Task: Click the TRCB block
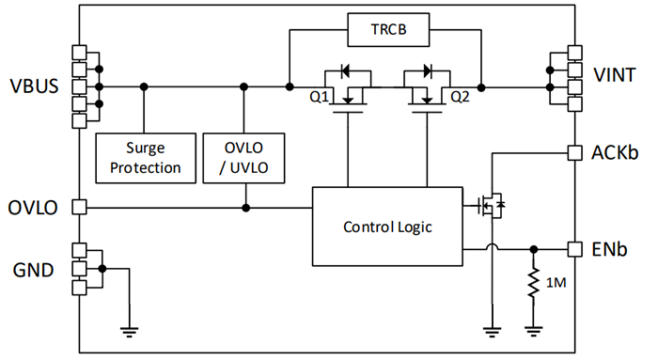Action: coord(387,31)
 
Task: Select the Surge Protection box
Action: coord(143,157)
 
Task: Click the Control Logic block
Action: coord(387,227)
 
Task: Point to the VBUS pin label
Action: coord(34,86)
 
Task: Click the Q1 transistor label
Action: coord(321,96)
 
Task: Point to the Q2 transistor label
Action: coord(460,96)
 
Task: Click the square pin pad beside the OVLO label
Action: coord(79,206)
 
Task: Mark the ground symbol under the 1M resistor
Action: coord(534,328)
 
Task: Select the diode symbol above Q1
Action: coord(344,70)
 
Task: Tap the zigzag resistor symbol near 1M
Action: coord(534,283)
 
